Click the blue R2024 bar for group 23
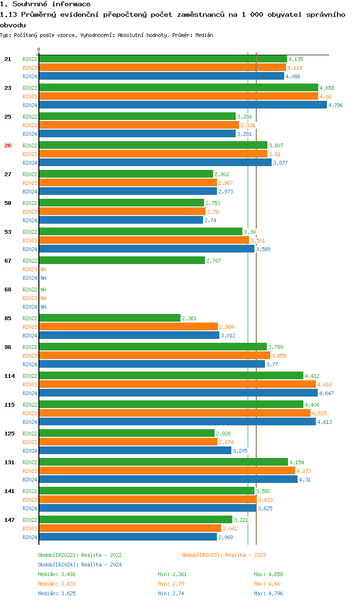[x=182, y=105]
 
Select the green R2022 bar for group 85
[x=109, y=318]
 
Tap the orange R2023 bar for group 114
[x=177, y=385]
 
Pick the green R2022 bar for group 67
[x=121, y=261]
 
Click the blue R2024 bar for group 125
[x=135, y=451]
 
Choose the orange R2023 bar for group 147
[x=130, y=529]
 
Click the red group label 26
[x=8, y=145]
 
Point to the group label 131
[x=9, y=462]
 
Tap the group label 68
[x=8, y=289]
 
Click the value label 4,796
[x=336, y=105]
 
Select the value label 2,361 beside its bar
[x=189, y=318]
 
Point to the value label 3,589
[x=264, y=249]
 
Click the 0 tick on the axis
[x=38, y=49]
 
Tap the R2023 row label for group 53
[x=30, y=241]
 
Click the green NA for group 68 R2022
[x=43, y=289]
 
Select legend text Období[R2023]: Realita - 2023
[x=224, y=555]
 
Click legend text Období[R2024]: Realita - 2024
[x=80, y=565]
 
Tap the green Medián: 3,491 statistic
[x=57, y=574]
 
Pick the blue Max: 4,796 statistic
[x=268, y=593]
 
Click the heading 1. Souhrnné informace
[x=45, y=4]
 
